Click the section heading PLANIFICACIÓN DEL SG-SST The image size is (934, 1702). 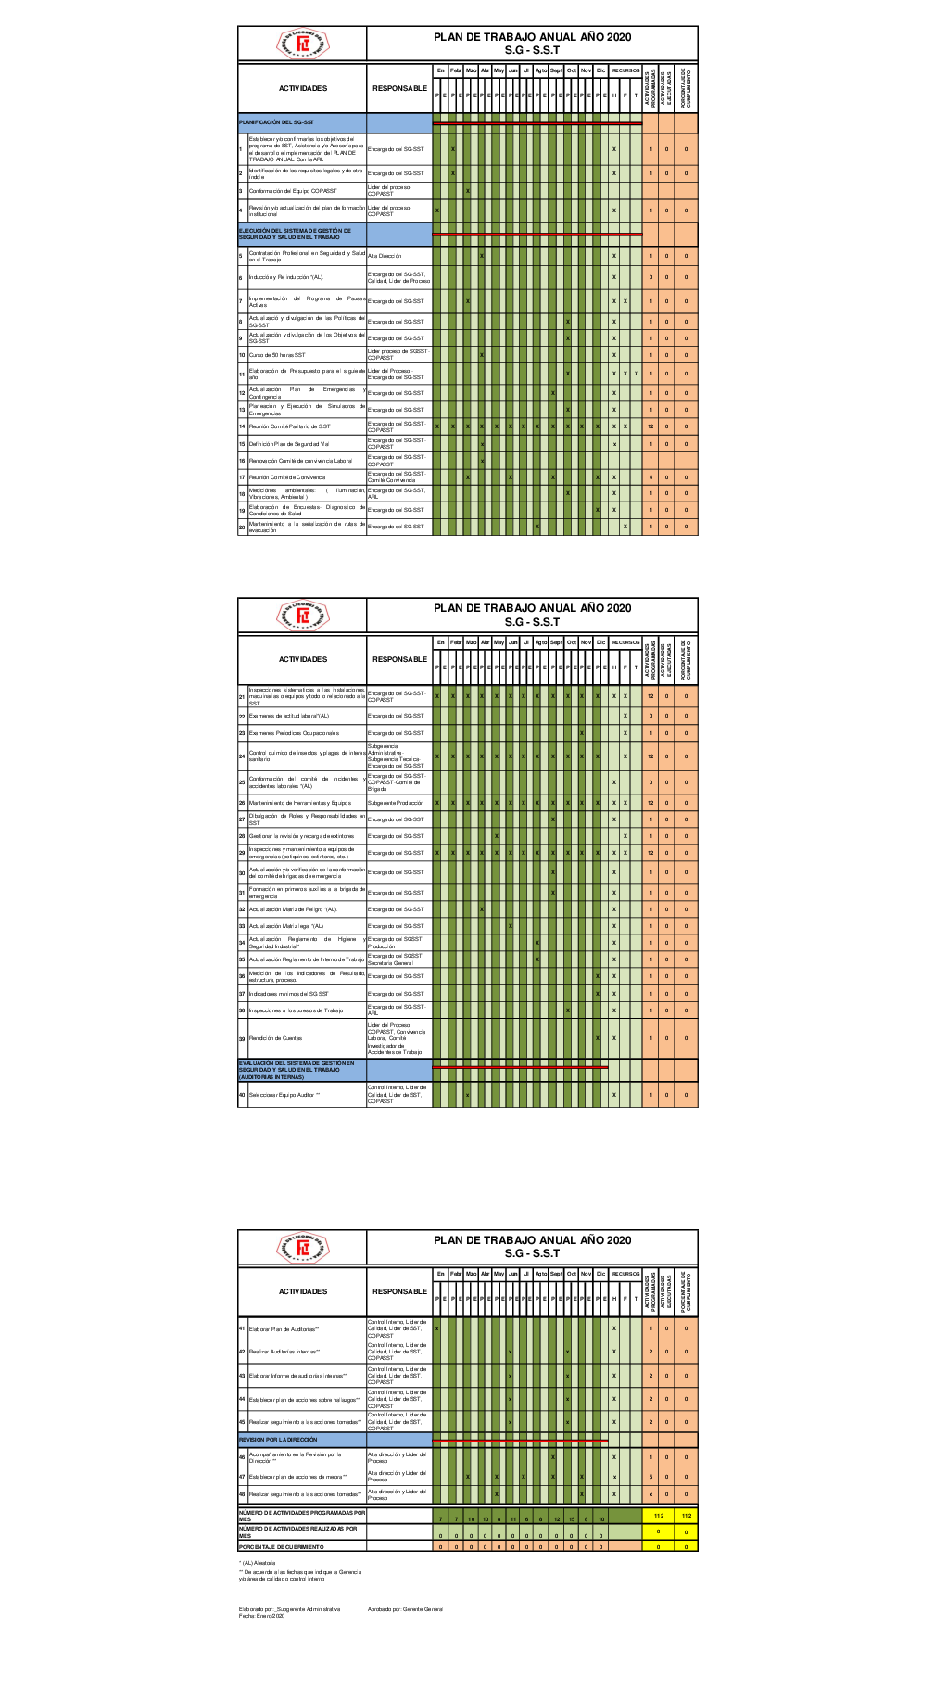tap(277, 122)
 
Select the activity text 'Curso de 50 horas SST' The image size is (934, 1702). tap(277, 355)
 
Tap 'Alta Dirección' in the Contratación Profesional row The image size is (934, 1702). tap(385, 255)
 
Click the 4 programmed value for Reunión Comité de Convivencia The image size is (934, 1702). tap(650, 477)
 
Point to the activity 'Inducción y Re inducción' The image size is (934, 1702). tap(286, 277)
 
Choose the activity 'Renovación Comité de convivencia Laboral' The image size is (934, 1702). tap(300, 461)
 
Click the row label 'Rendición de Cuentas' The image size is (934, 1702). tap(275, 1038)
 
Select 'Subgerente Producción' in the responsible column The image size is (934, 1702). tap(396, 803)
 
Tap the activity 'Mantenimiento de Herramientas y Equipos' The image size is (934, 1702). tap(299, 803)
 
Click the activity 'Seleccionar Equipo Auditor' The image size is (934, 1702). tap(284, 1095)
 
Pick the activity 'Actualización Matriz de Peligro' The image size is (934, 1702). tap(293, 909)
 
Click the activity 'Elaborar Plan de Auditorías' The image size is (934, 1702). tap(284, 1329)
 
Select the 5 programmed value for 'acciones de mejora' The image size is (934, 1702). tap(650, 1477)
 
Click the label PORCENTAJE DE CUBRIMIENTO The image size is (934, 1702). tap(282, 1547)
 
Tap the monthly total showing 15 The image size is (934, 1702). tap(572, 1518)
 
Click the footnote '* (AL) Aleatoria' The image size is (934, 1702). tap(259, 1563)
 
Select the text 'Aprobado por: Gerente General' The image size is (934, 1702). tap(405, 1609)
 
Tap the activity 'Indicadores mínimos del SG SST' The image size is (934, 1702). tap(288, 994)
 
